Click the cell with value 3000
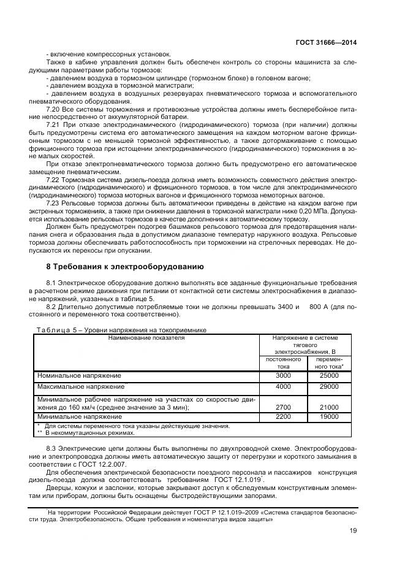click(x=283, y=375)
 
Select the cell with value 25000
click(x=329, y=375)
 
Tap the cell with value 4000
click(x=283, y=387)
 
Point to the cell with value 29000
click(x=329, y=387)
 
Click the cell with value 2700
click(x=283, y=407)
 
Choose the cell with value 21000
click(x=329, y=407)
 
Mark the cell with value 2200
click(x=283, y=416)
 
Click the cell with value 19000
click(x=329, y=416)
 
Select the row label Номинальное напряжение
click(x=79, y=375)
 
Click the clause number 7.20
click(x=54, y=109)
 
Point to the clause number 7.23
click(x=54, y=202)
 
